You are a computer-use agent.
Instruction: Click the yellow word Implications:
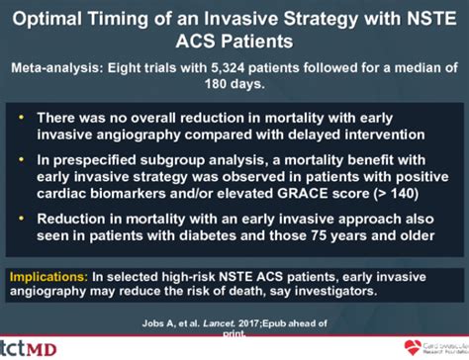[x=45, y=273]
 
